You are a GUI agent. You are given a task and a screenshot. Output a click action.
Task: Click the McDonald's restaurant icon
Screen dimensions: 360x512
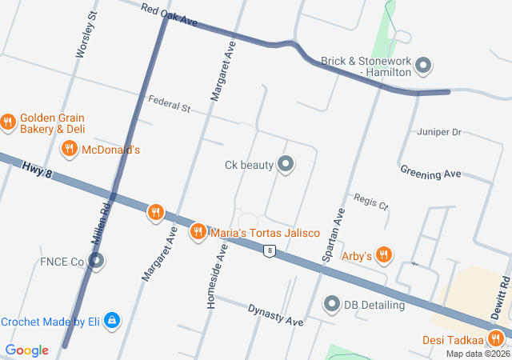(70, 149)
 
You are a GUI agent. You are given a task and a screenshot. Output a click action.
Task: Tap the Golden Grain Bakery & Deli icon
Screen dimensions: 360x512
(9, 122)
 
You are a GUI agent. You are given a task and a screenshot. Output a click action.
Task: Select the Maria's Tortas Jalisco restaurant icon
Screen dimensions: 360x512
(197, 232)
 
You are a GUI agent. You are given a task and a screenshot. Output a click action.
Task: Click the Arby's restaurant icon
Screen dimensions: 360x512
(384, 255)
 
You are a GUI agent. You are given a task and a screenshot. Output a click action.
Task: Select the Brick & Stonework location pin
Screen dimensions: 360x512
(424, 66)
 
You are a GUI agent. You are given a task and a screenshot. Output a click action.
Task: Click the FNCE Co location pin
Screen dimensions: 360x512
(96, 261)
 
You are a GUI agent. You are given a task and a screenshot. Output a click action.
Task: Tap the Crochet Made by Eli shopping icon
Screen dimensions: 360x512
(112, 322)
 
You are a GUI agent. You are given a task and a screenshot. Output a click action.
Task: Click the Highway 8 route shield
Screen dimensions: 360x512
(270, 251)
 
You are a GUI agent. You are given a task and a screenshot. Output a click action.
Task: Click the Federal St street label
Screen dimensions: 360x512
(168, 103)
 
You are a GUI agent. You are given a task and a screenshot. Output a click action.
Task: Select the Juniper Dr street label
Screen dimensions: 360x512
(439, 131)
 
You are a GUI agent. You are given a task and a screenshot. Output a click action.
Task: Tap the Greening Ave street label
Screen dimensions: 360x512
(430, 173)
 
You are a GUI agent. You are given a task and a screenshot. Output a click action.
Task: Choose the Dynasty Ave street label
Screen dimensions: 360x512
(275, 314)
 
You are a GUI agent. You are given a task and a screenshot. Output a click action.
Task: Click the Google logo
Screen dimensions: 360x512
(26, 350)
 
